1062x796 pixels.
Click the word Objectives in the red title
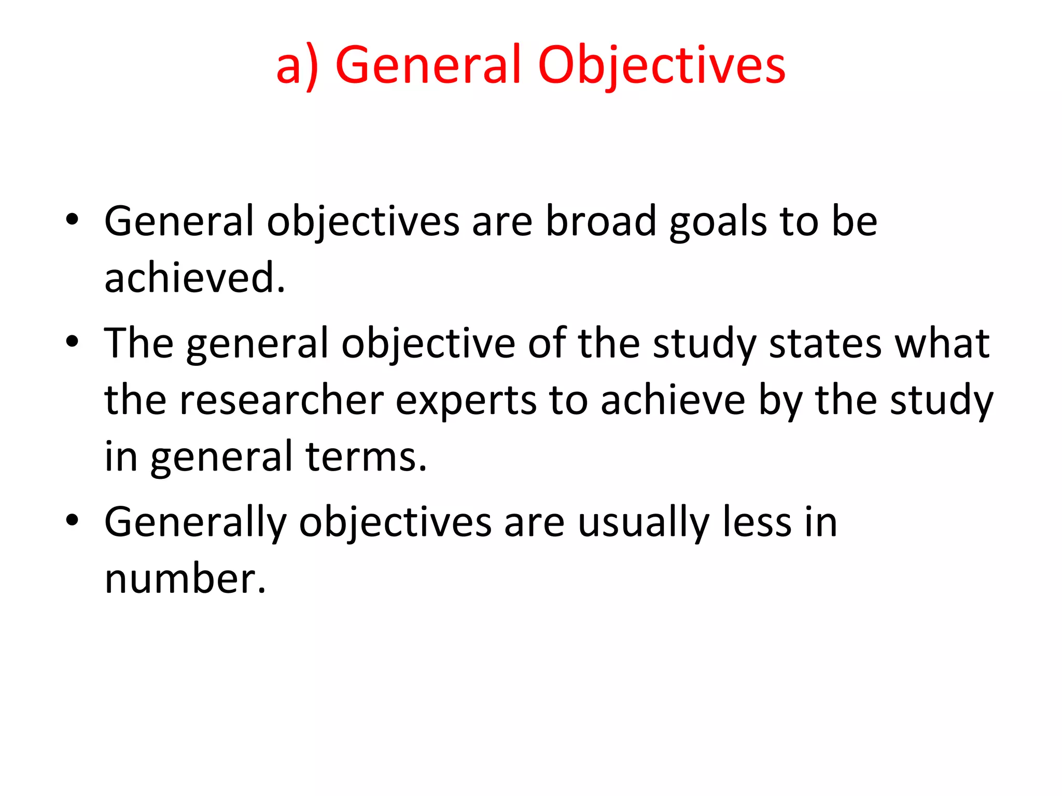(x=662, y=65)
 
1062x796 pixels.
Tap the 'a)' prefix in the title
(x=297, y=66)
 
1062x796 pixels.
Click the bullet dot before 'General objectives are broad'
(x=72, y=219)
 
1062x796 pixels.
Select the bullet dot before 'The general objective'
(x=72, y=342)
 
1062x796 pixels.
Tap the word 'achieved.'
(x=195, y=278)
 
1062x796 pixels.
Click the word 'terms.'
(x=366, y=457)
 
